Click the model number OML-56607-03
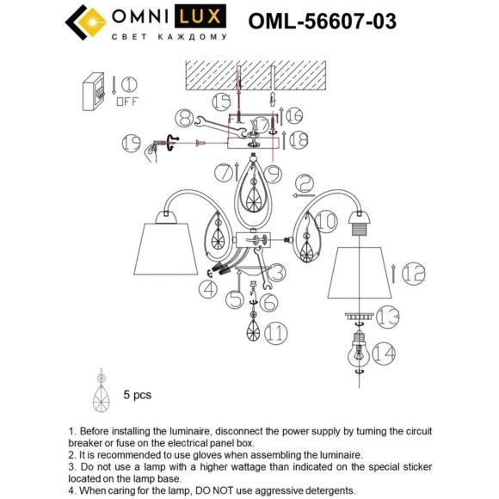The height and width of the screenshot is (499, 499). pos(322,21)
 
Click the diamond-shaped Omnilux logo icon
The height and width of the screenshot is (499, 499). pos(83,22)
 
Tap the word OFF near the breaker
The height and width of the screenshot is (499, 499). pos(126,101)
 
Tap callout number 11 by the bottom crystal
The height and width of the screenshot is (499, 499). pos(277,332)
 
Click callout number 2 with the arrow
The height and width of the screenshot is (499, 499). pos(306,184)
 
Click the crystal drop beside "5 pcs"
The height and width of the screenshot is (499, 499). pos(102,395)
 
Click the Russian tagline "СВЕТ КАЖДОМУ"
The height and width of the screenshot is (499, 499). pos(169,38)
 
